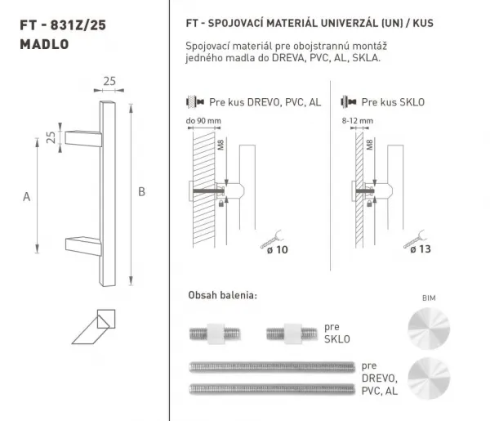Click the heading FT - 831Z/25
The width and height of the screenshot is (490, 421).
(x=63, y=25)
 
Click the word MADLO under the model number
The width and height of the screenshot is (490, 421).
(x=44, y=44)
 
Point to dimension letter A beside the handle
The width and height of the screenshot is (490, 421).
(x=27, y=197)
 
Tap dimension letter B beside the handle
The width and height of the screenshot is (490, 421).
(x=141, y=192)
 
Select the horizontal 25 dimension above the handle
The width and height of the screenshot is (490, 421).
(x=109, y=81)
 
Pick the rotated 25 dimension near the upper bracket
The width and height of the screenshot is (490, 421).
(x=51, y=137)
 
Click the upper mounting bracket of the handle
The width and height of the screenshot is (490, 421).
(x=83, y=138)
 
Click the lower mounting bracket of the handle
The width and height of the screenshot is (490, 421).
(x=83, y=245)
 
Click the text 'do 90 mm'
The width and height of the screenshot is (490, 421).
(x=203, y=121)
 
